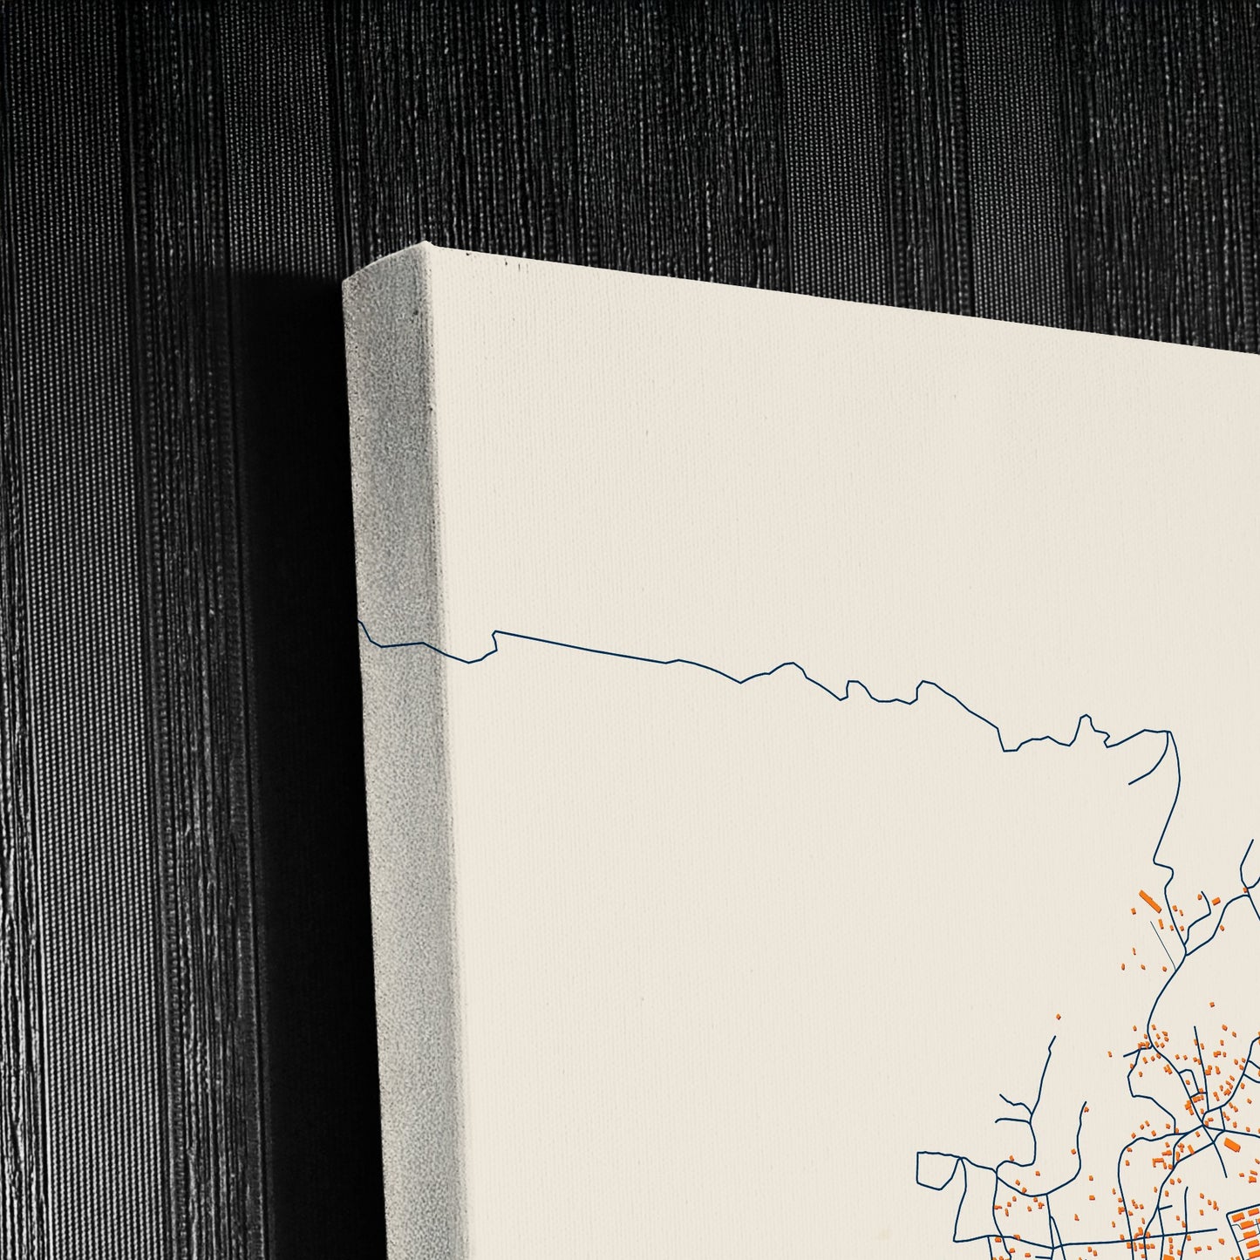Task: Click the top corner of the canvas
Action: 425,245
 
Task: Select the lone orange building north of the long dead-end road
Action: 1059,1017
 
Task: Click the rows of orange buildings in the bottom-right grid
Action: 1243,1221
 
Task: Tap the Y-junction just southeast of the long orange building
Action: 1187,943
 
